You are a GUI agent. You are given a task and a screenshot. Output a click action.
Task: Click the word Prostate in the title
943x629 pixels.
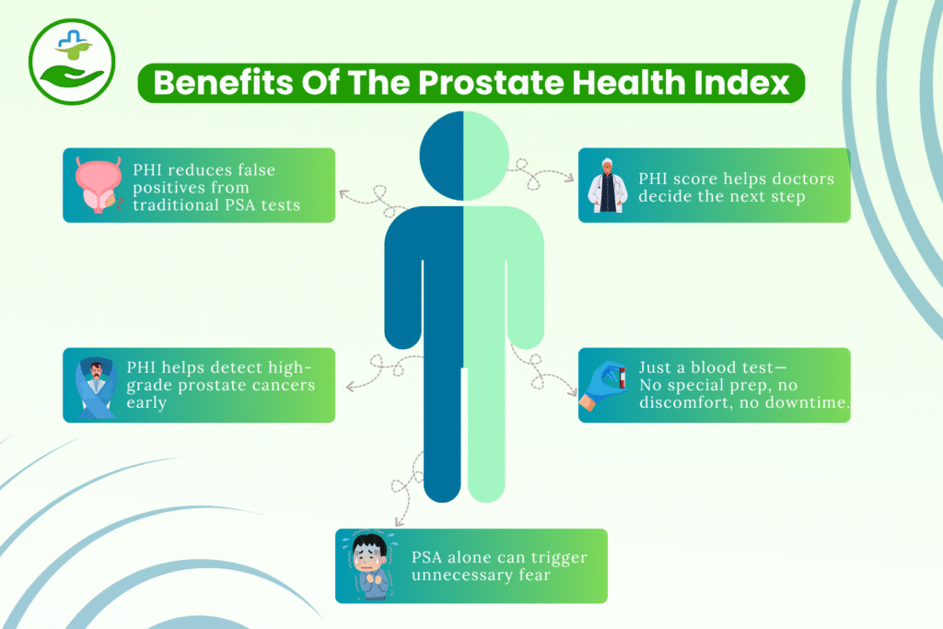coord(479,83)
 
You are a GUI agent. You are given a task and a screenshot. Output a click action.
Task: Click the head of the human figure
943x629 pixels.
coord(463,153)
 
